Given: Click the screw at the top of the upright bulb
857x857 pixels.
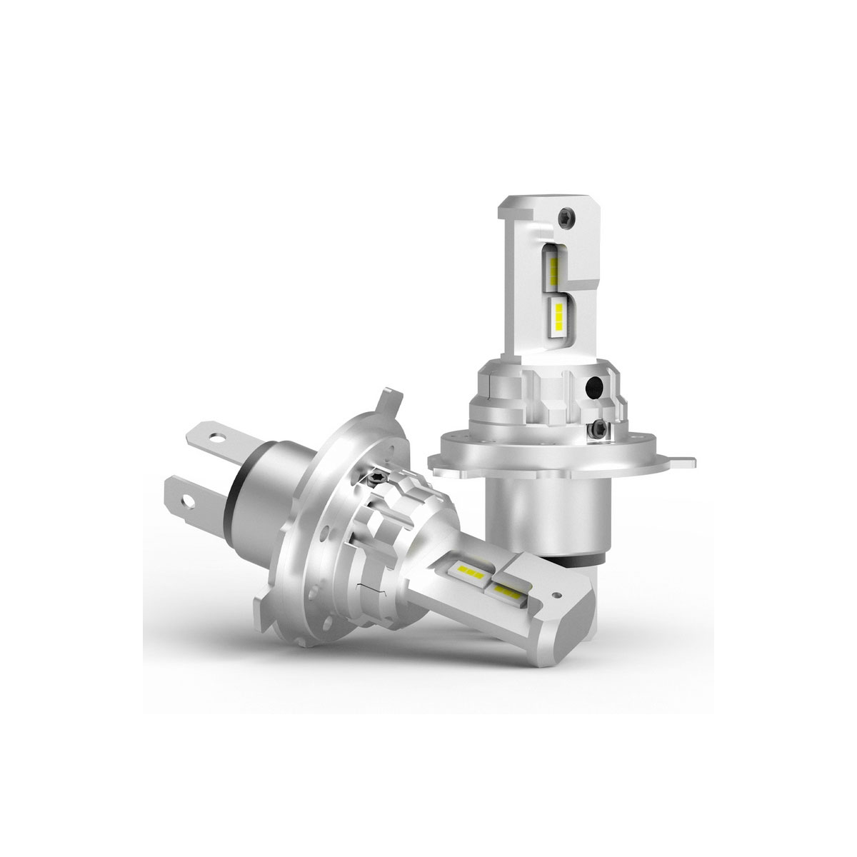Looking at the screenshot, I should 566,216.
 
